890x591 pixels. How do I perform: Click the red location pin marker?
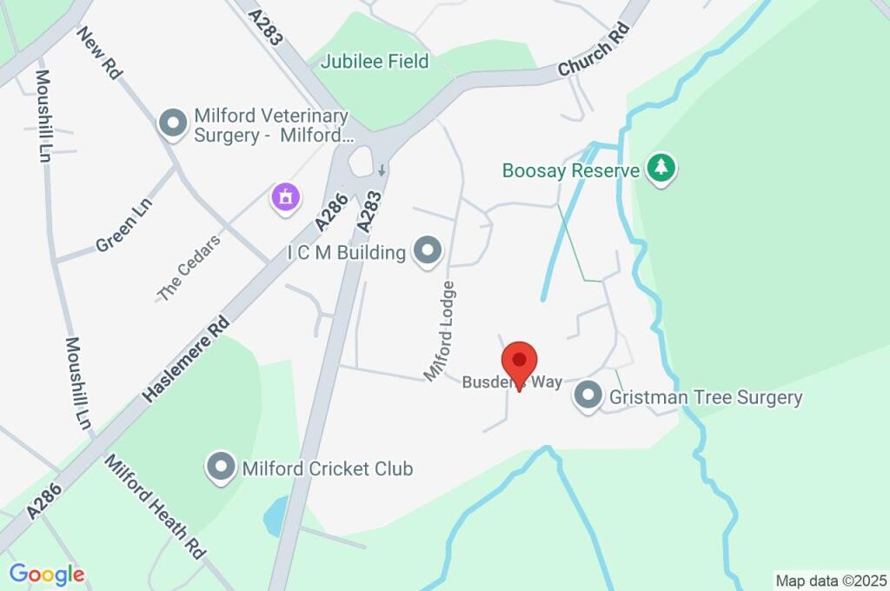[x=520, y=361]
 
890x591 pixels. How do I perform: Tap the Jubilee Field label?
[x=375, y=62]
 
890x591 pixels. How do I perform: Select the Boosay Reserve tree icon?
[x=662, y=169]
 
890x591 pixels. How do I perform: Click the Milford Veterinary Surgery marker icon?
[x=173, y=123]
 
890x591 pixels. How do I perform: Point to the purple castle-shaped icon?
[x=284, y=197]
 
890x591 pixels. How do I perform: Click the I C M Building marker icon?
[x=427, y=252]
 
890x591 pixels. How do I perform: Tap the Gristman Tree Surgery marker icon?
[x=588, y=396]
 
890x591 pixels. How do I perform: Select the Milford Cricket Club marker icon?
[x=221, y=468]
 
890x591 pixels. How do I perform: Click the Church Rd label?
[x=594, y=55]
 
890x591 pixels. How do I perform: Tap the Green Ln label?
[x=123, y=223]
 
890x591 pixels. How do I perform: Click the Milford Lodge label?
[x=440, y=330]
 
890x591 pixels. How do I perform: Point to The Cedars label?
[x=189, y=268]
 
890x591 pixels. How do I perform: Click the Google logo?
[x=47, y=574]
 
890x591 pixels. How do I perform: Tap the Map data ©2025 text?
[x=830, y=580]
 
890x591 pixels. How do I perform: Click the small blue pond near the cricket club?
[x=276, y=516]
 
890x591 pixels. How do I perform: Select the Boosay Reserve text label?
[x=570, y=170]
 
